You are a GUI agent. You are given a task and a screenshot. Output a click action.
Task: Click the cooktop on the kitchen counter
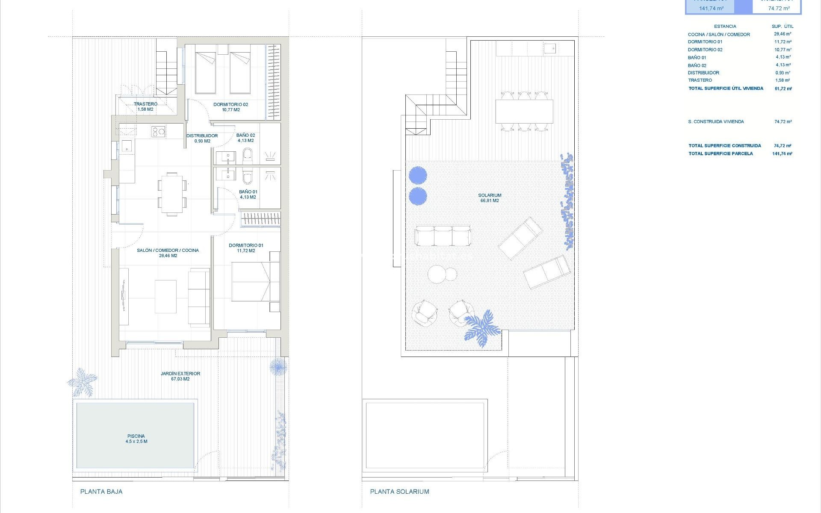[158, 132]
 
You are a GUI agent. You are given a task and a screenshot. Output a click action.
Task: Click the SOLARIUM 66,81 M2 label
[490, 198]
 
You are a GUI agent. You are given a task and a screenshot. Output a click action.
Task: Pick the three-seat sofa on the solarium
[443, 236]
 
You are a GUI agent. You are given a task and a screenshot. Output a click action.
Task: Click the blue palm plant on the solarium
[481, 327]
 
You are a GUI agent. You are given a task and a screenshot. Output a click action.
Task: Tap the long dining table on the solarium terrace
[524, 111]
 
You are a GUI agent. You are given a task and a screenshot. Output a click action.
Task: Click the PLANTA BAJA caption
[101, 492]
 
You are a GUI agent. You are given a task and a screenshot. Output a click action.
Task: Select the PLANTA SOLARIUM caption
[399, 492]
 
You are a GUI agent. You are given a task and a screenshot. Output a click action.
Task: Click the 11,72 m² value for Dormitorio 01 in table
[783, 42]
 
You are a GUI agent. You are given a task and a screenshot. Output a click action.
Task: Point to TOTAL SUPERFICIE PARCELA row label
[721, 153]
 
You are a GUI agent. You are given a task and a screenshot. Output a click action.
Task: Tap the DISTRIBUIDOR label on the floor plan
[202, 136]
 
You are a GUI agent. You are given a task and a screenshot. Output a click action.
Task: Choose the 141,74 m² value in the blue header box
[711, 8]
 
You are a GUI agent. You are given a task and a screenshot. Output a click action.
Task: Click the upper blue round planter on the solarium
[418, 175]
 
